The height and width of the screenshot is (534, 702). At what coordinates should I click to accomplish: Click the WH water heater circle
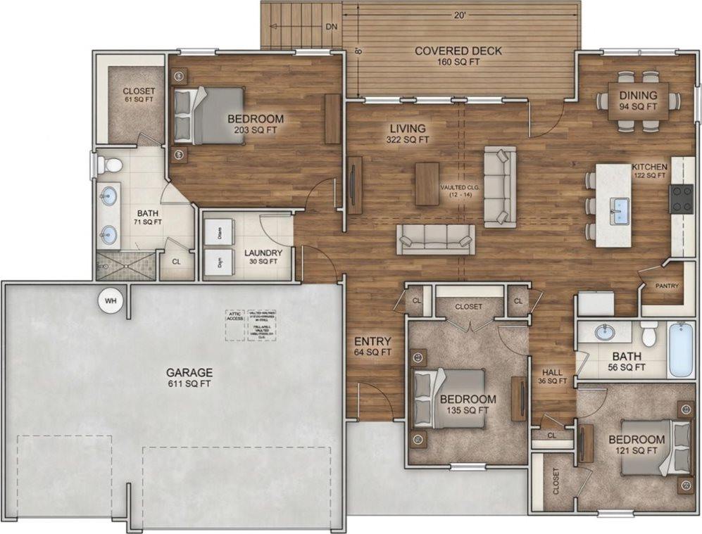[109, 301]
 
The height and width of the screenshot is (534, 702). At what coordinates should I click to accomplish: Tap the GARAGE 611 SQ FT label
[189, 378]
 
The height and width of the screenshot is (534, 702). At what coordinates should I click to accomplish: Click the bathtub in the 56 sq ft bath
[680, 350]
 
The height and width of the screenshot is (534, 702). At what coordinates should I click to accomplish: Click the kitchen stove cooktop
[681, 198]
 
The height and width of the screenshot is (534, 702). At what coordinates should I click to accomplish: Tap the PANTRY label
[666, 286]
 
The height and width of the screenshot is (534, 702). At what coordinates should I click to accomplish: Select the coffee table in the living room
[427, 184]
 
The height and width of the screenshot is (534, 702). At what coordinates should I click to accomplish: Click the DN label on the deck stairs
[332, 27]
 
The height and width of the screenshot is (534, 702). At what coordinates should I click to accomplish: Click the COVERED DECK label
[458, 56]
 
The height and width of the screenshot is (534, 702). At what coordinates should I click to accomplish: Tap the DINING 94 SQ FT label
[638, 101]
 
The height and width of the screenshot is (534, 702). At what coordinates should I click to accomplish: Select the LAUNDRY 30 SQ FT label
[263, 257]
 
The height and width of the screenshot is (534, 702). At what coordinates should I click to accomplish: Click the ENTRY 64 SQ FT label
[372, 347]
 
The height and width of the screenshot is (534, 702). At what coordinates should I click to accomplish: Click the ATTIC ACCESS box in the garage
[234, 317]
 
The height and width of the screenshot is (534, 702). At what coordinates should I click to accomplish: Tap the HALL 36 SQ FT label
[553, 377]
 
